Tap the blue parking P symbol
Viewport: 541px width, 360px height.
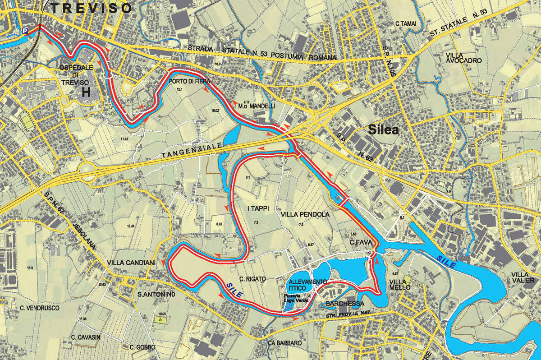pyautogui.click(x=26, y=31)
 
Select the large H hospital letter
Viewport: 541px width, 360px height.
pyautogui.click(x=86, y=92)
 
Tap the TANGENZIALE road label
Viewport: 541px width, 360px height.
pyautogui.click(x=191, y=151)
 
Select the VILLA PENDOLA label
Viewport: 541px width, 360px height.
pyautogui.click(x=305, y=214)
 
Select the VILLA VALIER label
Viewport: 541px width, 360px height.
pyautogui.click(x=525, y=277)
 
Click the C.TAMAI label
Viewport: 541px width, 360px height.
pyautogui.click(x=406, y=23)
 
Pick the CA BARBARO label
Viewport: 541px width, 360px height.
pyautogui.click(x=285, y=343)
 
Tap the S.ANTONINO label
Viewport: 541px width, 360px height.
pyautogui.click(x=156, y=295)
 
